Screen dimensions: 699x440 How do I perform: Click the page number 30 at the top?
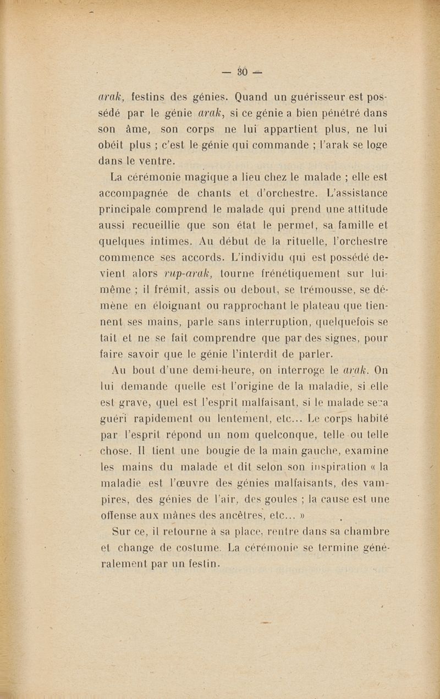tap(242, 71)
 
